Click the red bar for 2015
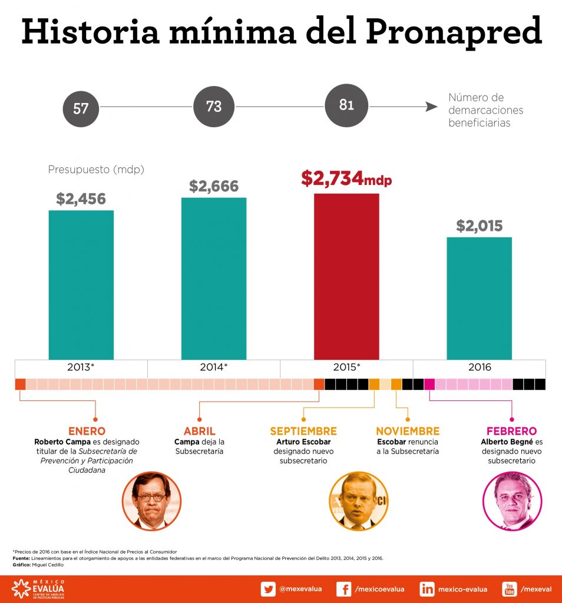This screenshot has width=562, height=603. (x=346, y=276)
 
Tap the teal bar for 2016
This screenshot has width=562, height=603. (x=479, y=298)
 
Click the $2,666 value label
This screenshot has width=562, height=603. (x=214, y=187)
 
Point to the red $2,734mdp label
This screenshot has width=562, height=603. (x=346, y=178)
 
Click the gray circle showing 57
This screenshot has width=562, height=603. (x=81, y=108)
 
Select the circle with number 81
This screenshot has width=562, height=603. (x=346, y=105)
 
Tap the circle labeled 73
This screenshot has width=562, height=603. (x=214, y=106)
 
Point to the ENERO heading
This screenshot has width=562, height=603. (x=87, y=431)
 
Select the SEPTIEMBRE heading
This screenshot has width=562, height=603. (x=303, y=431)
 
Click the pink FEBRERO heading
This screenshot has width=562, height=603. (x=511, y=431)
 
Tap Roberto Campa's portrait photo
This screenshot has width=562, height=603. (x=151, y=501)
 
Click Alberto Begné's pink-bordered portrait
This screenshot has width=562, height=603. (x=512, y=501)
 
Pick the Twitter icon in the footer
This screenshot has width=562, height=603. (x=269, y=589)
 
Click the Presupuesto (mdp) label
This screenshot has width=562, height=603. (x=96, y=170)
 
